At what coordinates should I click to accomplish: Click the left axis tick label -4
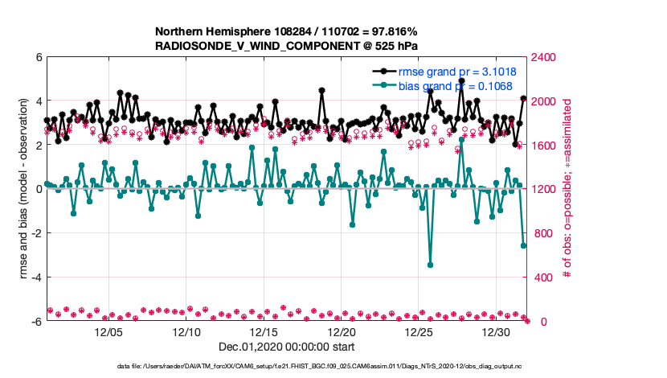[36, 277]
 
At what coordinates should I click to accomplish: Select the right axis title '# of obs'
[567, 189]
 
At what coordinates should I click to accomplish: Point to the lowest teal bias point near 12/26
[430, 265]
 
